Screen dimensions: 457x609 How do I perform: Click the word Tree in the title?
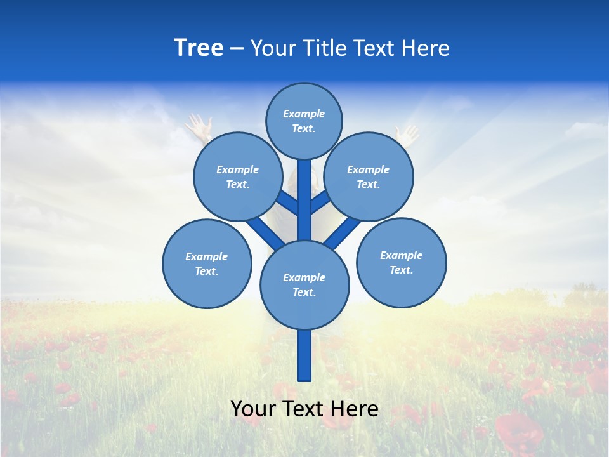pos(199,48)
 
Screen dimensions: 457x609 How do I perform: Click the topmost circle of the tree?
pos(304,121)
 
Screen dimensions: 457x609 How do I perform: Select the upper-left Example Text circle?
pos(238,176)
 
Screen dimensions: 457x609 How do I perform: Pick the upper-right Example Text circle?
pos(369,176)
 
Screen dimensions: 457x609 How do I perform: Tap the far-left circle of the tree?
pos(207,263)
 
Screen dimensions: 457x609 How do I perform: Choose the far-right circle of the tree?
pos(402,262)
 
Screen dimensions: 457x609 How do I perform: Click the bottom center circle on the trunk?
pos(304,284)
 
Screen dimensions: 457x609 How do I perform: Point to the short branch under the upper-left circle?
pos(287,202)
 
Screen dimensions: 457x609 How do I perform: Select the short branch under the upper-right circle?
pos(321,202)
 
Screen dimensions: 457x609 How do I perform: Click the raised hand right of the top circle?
pos(407,133)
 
